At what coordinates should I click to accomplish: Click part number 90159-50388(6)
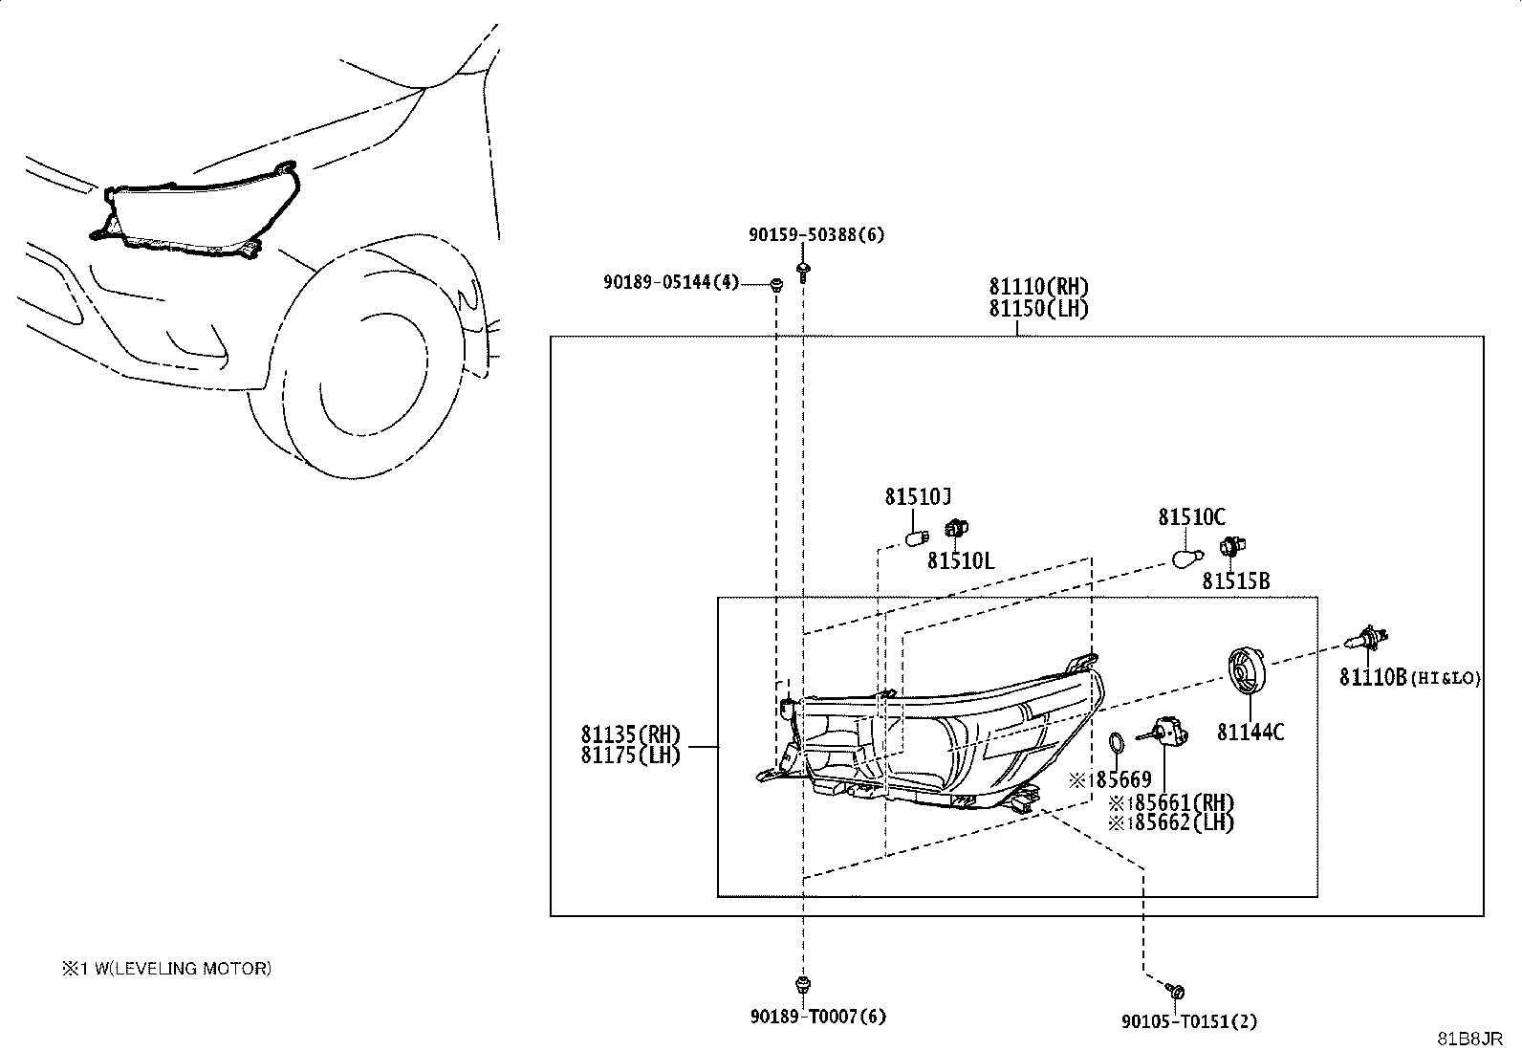[x=816, y=234]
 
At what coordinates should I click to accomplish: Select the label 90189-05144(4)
[x=671, y=281]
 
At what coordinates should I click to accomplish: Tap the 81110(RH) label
[x=1038, y=287]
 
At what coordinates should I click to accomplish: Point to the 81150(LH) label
[x=1038, y=309]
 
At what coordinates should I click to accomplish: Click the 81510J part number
[x=917, y=497]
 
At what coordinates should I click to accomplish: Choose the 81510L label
[x=961, y=560]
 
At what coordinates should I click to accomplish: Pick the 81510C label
[x=1192, y=517]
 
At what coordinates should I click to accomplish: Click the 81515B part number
[x=1236, y=581]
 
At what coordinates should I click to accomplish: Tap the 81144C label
[x=1250, y=733]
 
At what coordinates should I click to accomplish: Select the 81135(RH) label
[x=631, y=734]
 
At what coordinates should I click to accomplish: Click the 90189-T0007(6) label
[x=818, y=1017]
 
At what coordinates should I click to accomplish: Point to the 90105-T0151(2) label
[x=1189, y=1021]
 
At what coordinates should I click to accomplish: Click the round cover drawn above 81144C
[x=1247, y=671]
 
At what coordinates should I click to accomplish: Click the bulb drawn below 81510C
[x=1187, y=558]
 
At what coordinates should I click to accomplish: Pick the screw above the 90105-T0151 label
[x=1175, y=991]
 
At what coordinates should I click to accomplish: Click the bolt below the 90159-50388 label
[x=803, y=271]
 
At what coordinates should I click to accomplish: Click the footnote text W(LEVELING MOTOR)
[x=183, y=968]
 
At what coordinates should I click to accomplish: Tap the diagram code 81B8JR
[x=1469, y=1039]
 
